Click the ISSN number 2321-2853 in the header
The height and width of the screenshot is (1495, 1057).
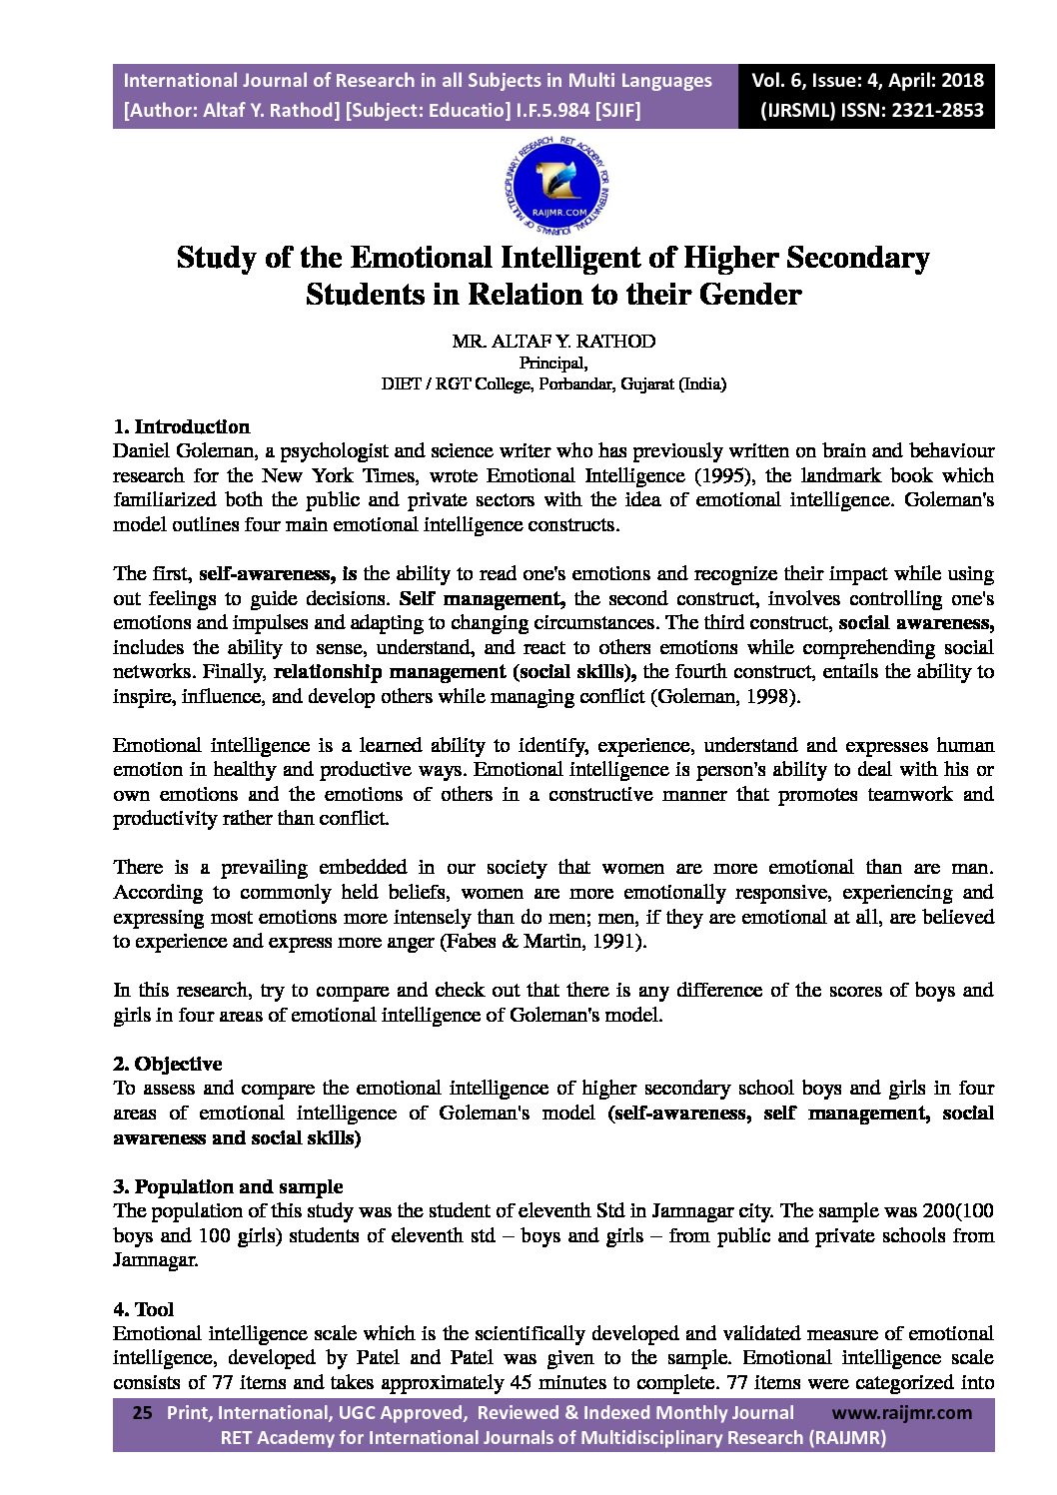(935, 111)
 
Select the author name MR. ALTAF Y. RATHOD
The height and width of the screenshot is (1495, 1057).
(553, 341)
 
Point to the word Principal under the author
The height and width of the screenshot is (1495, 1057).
(553, 363)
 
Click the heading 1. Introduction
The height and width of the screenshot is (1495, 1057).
(181, 427)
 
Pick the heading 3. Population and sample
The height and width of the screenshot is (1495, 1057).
(228, 1186)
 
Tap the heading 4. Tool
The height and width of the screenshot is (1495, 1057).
(144, 1309)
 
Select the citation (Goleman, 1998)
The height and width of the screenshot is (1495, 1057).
(725, 696)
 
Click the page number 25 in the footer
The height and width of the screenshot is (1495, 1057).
(142, 1412)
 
